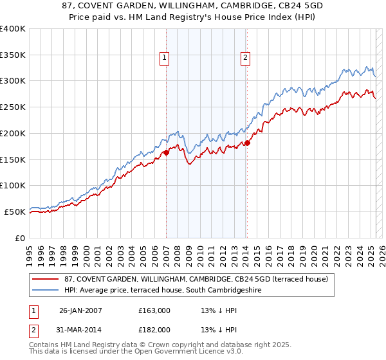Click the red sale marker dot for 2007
point(166,152)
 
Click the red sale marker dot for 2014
point(247,143)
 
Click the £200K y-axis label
point(13,133)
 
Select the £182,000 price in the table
point(154,329)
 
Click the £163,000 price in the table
point(154,310)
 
